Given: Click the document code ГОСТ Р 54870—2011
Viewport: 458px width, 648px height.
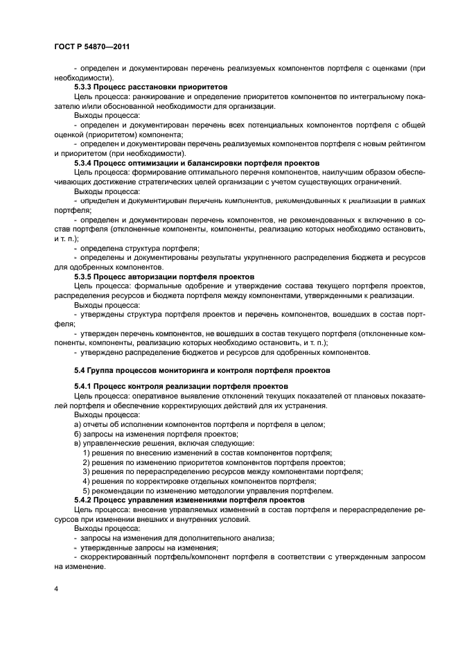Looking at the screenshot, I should (92, 47).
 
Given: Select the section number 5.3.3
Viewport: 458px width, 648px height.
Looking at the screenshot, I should (85, 87).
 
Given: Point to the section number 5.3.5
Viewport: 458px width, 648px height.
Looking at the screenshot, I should (85, 277).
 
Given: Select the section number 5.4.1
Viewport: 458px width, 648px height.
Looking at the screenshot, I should (85, 385).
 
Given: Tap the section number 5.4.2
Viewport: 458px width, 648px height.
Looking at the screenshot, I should (85, 499).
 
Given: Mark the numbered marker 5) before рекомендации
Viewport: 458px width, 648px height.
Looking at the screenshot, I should (87, 490).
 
